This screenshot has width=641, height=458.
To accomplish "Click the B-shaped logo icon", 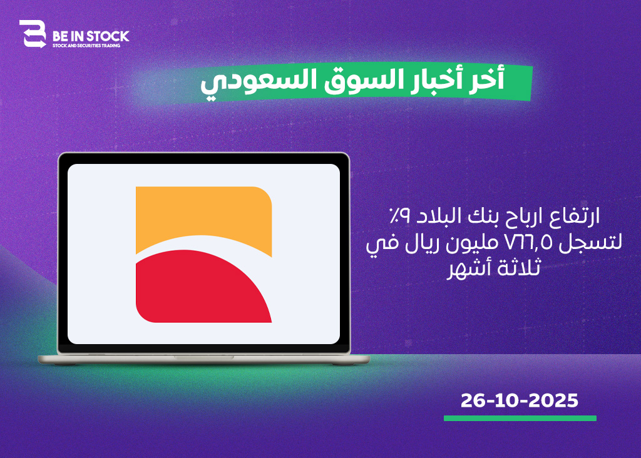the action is tap(33, 34).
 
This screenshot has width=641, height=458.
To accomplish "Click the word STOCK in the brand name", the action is tap(108, 36).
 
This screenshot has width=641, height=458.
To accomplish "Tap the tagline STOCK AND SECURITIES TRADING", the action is tap(86, 46).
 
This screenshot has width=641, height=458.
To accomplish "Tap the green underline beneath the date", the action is tap(520, 419).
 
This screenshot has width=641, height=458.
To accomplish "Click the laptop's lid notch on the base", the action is tap(203, 357).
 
